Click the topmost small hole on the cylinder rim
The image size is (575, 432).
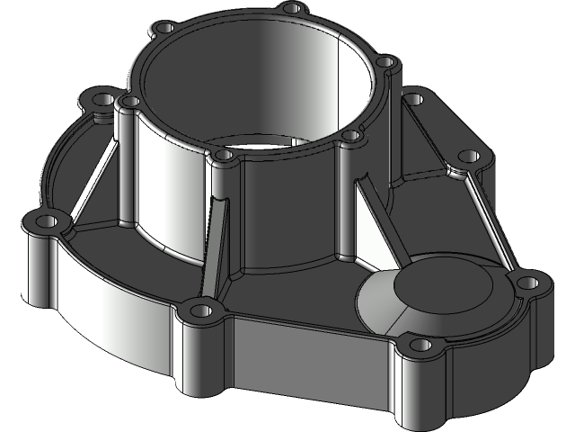[289, 8]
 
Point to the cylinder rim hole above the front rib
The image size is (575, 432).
[223, 157]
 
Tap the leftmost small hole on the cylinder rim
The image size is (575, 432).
[130, 102]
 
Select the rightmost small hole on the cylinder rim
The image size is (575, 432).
[385, 62]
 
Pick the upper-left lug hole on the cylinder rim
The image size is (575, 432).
[163, 27]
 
